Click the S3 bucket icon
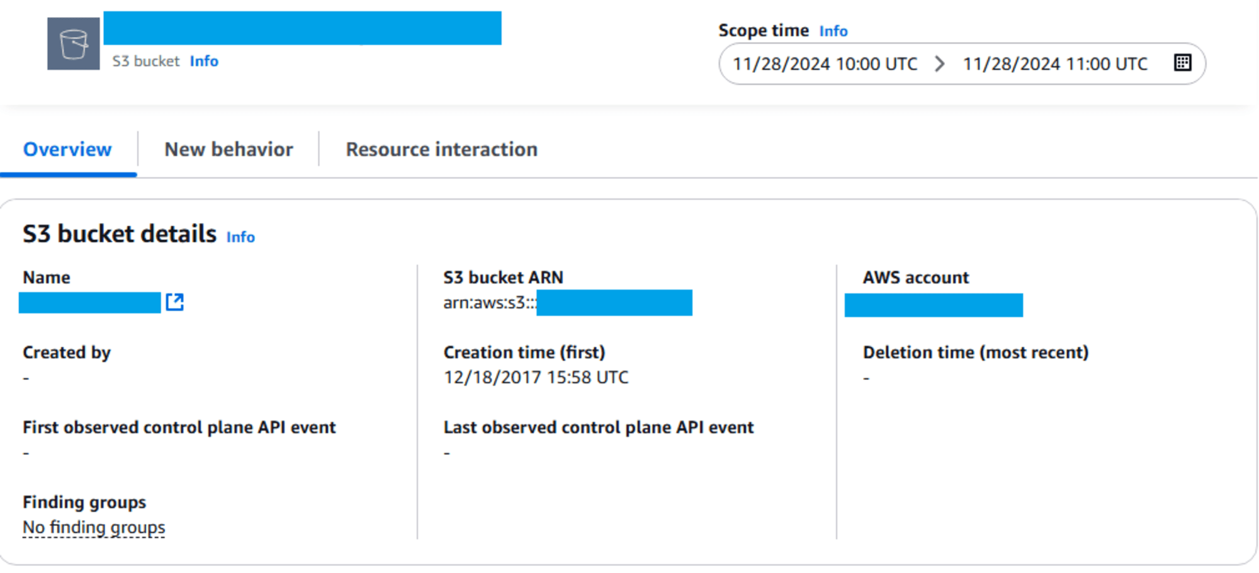74,44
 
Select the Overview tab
67,150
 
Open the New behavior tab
229,150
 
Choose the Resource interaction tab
441,150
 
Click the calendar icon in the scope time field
1182,63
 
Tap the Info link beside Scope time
833,31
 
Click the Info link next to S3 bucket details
240,237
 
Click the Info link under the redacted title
204,61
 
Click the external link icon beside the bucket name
174,302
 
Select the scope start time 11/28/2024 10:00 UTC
825,64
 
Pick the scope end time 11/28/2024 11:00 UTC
1055,64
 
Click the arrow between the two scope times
940,64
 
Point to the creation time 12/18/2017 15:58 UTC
536,377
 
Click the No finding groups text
94,527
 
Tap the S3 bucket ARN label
503,278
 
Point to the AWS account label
915,278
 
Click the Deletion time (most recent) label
975,353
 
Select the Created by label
67,353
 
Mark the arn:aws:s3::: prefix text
489,303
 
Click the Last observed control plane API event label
598,428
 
